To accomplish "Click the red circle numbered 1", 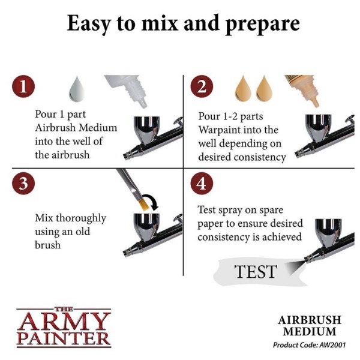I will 24,87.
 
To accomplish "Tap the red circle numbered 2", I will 202,87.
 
